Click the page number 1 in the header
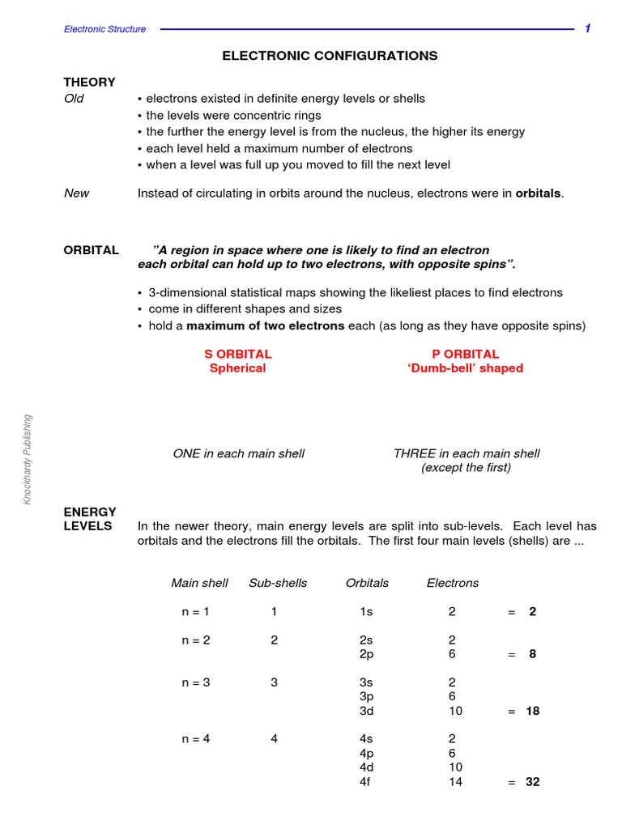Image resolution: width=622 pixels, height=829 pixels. pos(588,28)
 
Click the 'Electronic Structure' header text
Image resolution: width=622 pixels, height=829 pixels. pos(105,29)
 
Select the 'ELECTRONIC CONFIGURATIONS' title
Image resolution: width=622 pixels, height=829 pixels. pos(330,56)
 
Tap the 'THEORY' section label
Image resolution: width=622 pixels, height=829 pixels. pos(89,82)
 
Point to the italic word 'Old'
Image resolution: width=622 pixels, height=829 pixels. pos(74,99)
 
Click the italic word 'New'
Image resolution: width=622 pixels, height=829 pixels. pos(77,193)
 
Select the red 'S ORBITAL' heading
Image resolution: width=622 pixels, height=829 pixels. pos(238,354)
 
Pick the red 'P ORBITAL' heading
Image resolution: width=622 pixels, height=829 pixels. pos(466,354)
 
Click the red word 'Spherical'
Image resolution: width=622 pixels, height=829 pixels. pos(237,368)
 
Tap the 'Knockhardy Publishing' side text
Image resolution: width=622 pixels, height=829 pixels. pos(27,460)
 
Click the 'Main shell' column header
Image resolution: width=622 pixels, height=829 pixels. pos(199,583)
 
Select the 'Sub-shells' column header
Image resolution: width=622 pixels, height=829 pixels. pos(278,583)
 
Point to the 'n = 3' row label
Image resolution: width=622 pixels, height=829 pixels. pos(196,682)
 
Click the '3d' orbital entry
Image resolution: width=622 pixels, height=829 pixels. pos(367,711)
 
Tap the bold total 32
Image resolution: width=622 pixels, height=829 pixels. pos(532,782)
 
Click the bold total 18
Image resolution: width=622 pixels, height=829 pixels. pos(532,711)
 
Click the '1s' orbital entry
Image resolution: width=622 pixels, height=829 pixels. pos(367,611)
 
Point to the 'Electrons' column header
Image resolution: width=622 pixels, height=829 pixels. pos(452,583)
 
